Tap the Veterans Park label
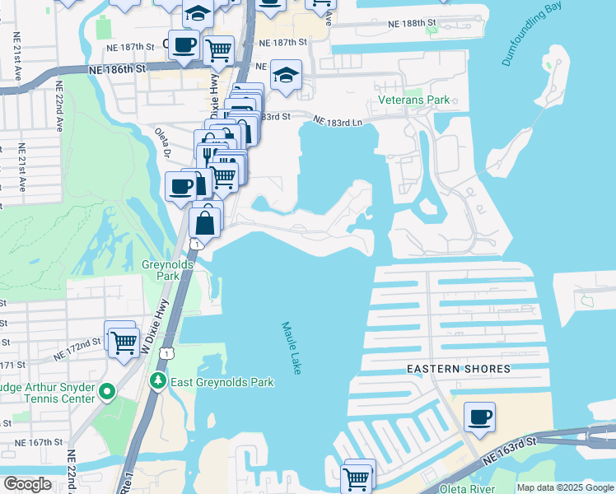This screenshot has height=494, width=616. click(414, 100)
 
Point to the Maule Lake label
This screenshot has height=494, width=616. click(291, 348)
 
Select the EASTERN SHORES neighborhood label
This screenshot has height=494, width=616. click(460, 370)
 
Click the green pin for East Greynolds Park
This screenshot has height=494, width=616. click(157, 382)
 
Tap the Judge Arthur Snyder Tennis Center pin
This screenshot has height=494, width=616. click(106, 393)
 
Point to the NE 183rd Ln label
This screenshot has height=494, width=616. click(338, 120)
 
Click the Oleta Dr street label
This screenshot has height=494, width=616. click(162, 142)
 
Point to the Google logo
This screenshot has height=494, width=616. click(28, 484)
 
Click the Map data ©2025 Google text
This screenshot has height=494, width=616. click(564, 487)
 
